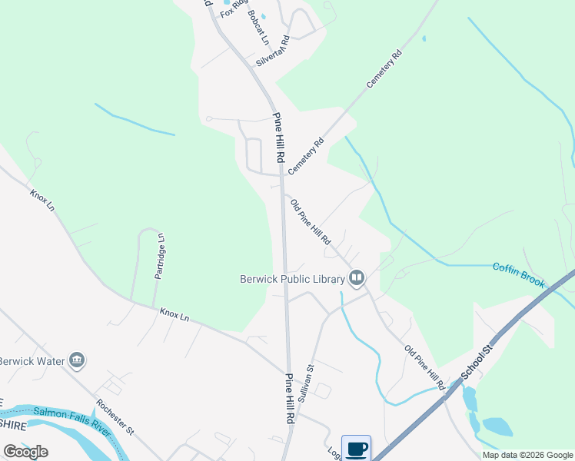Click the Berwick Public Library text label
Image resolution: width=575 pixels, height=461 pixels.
coord(291,278)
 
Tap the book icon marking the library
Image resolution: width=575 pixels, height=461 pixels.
coord(356,277)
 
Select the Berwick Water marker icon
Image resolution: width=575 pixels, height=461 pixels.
coord(76,360)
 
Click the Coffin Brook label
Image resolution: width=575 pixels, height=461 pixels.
coord(519,276)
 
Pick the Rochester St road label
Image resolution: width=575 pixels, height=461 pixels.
coord(115,417)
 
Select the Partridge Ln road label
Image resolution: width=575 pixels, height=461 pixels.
coord(160,256)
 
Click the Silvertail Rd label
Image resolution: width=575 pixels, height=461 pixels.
coord(273,51)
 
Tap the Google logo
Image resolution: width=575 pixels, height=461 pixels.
coord(25,452)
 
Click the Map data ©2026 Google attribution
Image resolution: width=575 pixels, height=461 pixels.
coord(528,455)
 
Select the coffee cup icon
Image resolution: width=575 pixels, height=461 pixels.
coord(356,448)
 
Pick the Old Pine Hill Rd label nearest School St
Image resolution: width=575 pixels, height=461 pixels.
coord(425,368)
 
